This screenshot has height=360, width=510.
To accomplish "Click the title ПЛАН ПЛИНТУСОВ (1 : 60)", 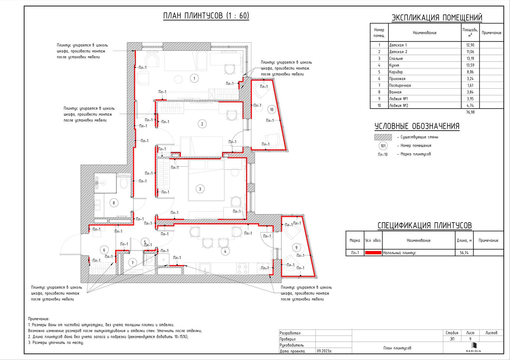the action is click(206, 16).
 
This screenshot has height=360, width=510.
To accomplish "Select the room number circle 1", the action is click(194, 79).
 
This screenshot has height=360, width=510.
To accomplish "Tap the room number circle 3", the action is click(200, 189).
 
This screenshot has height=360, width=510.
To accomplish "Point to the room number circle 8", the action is click(114, 203).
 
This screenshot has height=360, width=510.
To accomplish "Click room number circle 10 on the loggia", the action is click(272, 109).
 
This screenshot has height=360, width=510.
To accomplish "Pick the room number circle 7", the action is click(132, 263).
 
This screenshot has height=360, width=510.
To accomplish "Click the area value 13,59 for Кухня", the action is click(470, 65).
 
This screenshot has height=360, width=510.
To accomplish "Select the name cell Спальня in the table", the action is click(396, 59).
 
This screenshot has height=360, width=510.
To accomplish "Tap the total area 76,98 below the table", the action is click(470, 112).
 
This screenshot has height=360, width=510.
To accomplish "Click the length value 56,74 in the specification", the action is click(464, 253).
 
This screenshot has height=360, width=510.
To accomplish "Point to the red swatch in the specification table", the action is click(373, 253).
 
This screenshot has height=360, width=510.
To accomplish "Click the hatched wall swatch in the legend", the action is click(383, 137).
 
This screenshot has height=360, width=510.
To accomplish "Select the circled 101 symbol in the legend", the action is click(383, 146).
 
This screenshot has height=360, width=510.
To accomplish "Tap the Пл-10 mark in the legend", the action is click(383, 154).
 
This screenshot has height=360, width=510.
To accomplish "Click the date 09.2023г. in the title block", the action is click(325, 351).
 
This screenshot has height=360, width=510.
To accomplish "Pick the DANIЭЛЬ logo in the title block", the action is click(473, 348).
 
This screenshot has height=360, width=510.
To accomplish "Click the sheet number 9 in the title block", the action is click(470, 339).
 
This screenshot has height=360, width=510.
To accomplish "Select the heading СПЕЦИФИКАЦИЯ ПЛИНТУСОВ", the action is click(425, 225).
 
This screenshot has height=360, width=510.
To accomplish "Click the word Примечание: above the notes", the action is click(39, 319).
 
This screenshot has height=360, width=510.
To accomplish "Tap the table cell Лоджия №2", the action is click(398, 106).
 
